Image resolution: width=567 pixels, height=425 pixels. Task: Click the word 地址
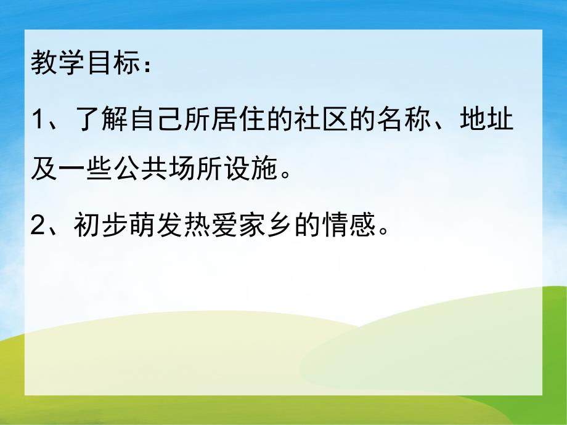487,118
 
